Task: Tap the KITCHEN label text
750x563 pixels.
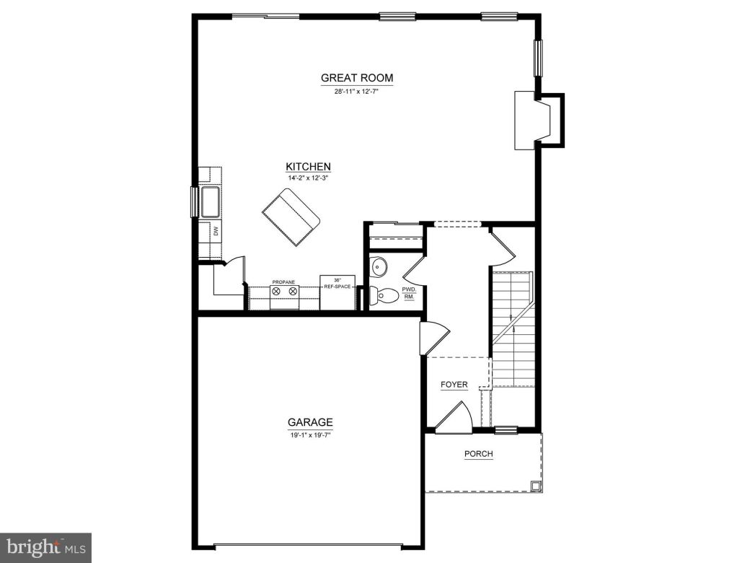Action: (x=308, y=167)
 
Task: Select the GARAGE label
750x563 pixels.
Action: (x=310, y=422)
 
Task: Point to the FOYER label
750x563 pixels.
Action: (x=454, y=385)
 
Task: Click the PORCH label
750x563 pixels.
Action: (x=479, y=454)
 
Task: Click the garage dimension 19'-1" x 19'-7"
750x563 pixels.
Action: (x=310, y=435)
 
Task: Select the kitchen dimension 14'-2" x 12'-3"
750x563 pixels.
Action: (x=308, y=178)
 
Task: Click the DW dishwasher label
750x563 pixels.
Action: (x=215, y=231)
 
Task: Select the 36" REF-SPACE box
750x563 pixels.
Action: (x=337, y=291)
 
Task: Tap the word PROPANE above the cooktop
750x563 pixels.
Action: (x=283, y=282)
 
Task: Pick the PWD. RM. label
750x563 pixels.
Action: (x=409, y=292)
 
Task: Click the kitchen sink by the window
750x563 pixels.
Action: (x=210, y=202)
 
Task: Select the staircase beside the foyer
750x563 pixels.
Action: (x=513, y=328)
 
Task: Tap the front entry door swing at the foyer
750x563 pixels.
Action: (x=453, y=417)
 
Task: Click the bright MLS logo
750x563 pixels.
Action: (x=45, y=547)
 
